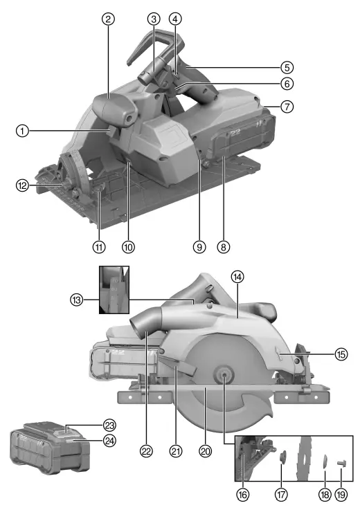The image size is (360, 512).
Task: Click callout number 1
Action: tap(23, 129)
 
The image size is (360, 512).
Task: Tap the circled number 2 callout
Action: tap(107, 19)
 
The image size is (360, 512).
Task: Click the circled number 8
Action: tap(223, 246)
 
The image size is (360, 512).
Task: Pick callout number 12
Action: tap(23, 185)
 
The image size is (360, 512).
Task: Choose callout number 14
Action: tap(237, 276)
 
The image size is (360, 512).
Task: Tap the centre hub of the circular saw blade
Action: tap(225, 374)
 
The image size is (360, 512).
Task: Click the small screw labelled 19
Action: tap(341, 461)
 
